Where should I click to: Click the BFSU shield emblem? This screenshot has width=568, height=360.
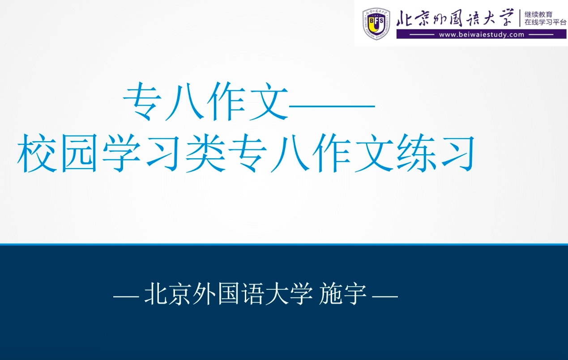coord(376,24)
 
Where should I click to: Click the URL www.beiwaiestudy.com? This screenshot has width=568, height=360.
coord(482,34)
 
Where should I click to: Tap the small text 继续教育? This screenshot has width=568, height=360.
coord(538,14)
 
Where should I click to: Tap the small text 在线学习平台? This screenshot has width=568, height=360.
coord(546,22)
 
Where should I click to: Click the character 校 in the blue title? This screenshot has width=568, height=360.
coord(37,153)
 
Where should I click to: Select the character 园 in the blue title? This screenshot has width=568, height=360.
coord(79,153)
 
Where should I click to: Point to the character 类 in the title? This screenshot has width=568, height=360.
coord(206,153)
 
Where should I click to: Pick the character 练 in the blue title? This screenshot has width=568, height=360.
coord(417,153)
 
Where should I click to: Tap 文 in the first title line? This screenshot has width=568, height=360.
coord(269,102)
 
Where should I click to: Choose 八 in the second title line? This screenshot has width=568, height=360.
coord(290,153)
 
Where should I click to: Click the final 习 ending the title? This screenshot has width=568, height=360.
coord(458,153)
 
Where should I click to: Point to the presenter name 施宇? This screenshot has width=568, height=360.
coord(343,294)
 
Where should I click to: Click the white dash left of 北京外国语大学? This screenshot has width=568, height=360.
coord(126,296)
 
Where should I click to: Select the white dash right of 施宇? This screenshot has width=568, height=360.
coord(384,296)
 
